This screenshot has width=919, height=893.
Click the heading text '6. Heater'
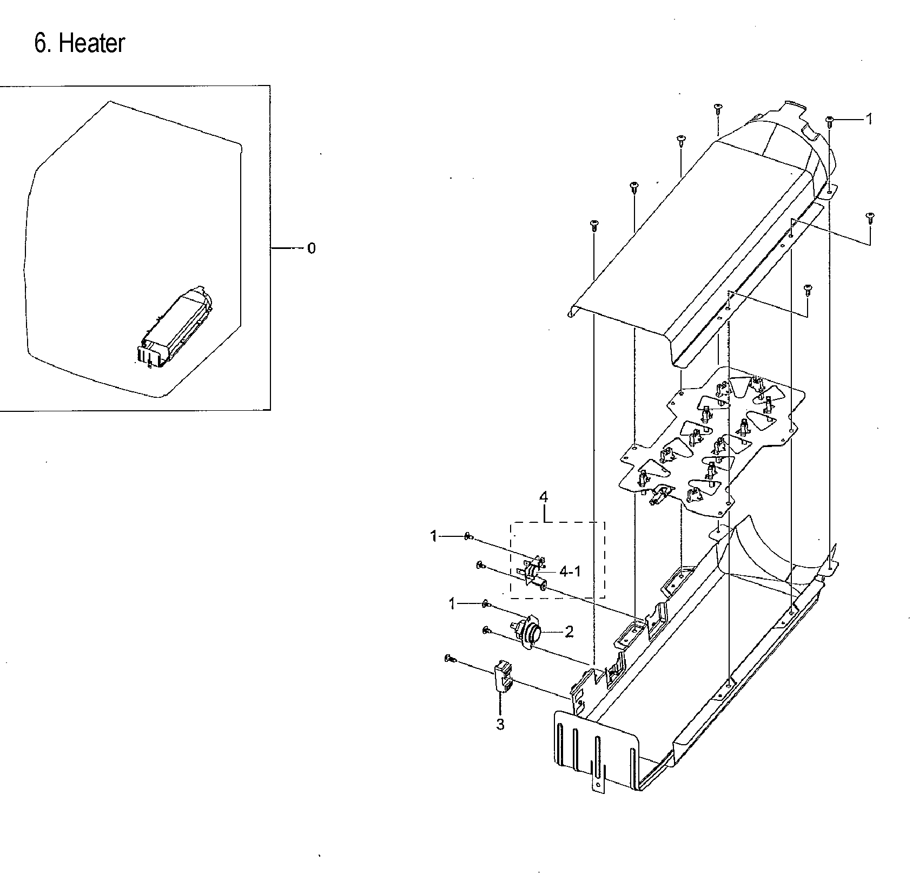[80, 43]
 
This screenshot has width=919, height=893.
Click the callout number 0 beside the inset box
[311, 248]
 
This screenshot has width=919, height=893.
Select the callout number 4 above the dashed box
[544, 497]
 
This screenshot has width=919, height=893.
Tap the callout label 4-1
[570, 572]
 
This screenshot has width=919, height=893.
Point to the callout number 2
[569, 632]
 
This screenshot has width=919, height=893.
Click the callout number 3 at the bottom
[500, 724]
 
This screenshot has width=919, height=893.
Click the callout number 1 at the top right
[869, 119]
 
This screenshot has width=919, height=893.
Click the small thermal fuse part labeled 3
[502, 677]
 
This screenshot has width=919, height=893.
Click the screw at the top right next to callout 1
[830, 121]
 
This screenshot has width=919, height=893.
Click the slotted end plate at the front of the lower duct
[595, 750]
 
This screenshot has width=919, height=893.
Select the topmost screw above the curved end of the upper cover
[718, 108]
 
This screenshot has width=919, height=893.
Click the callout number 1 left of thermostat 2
[452, 604]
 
